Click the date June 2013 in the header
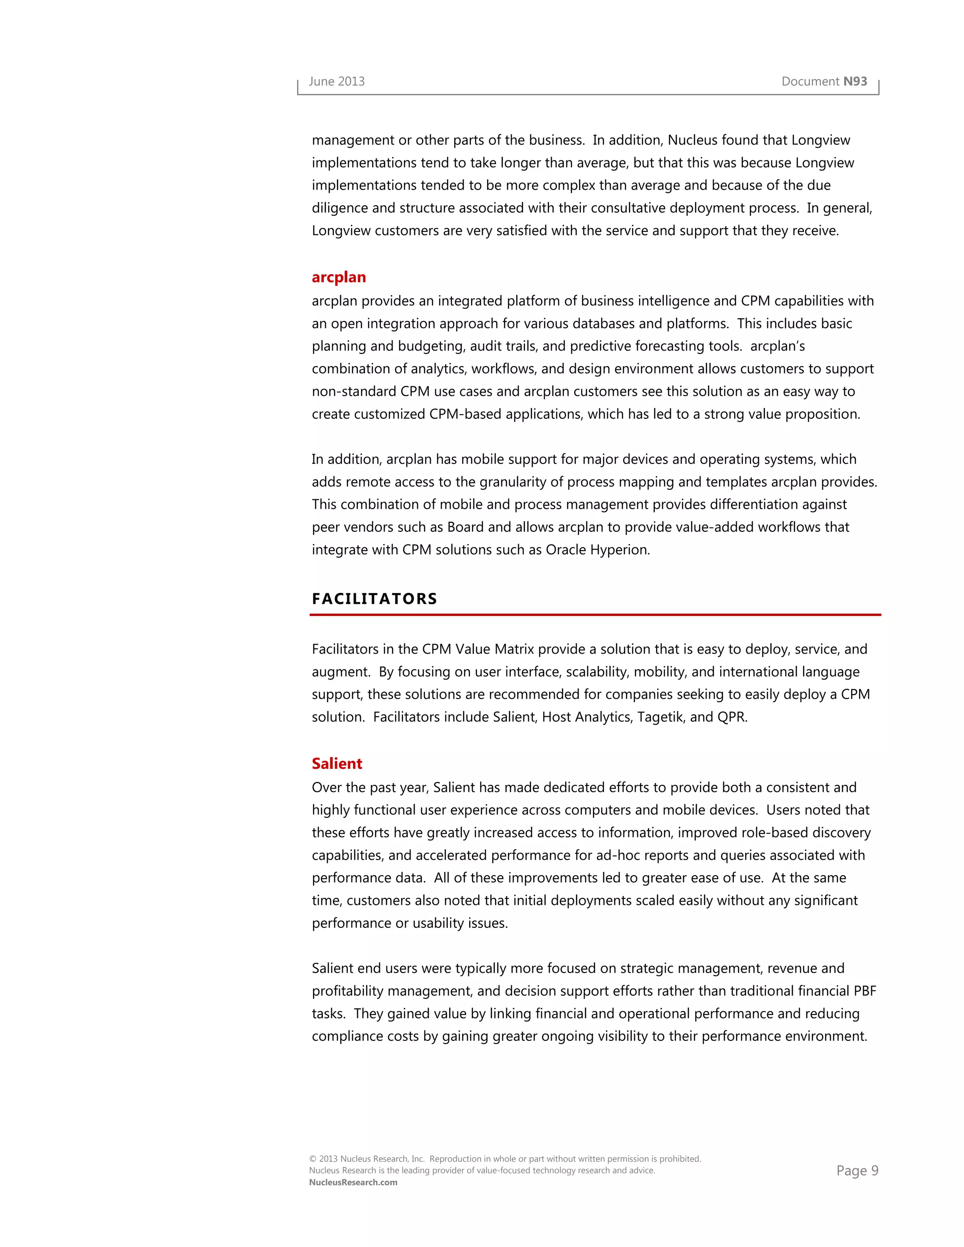(x=337, y=82)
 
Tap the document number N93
(x=855, y=82)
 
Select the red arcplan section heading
(x=338, y=278)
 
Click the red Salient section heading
(x=337, y=764)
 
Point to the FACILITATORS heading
(x=375, y=599)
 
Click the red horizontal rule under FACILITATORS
(x=595, y=615)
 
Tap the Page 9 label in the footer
(x=857, y=1171)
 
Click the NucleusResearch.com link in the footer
(x=353, y=1183)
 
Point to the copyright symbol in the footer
(x=313, y=1159)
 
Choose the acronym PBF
(x=865, y=991)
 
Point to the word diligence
(x=340, y=208)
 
